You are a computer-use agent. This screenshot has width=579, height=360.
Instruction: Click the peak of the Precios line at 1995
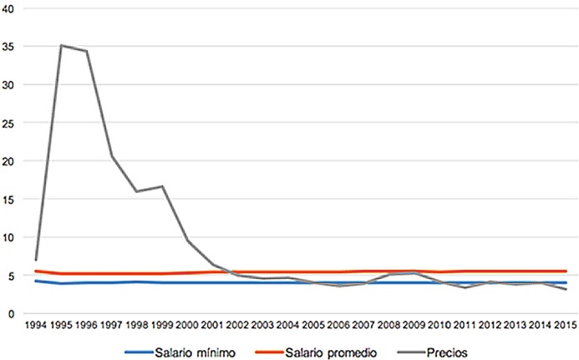point(61,45)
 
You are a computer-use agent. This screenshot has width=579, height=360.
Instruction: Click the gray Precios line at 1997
point(112,156)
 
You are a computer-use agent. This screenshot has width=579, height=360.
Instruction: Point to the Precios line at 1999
point(162,186)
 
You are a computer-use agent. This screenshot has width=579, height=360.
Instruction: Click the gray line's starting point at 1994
point(36,260)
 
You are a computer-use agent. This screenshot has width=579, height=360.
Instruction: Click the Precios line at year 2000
point(188,241)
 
